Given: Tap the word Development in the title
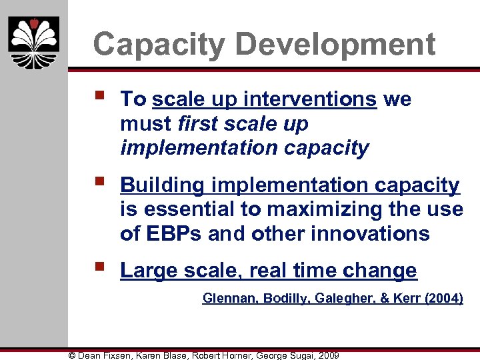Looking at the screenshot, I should click(x=335, y=45).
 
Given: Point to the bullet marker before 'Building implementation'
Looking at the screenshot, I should click(x=100, y=182).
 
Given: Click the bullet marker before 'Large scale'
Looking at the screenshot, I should click(x=100, y=268).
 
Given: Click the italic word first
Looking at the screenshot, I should click(x=197, y=124).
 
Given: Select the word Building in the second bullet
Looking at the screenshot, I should click(x=162, y=185).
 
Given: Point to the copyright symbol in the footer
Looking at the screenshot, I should click(x=73, y=355).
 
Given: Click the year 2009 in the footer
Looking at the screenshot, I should click(x=328, y=355).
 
